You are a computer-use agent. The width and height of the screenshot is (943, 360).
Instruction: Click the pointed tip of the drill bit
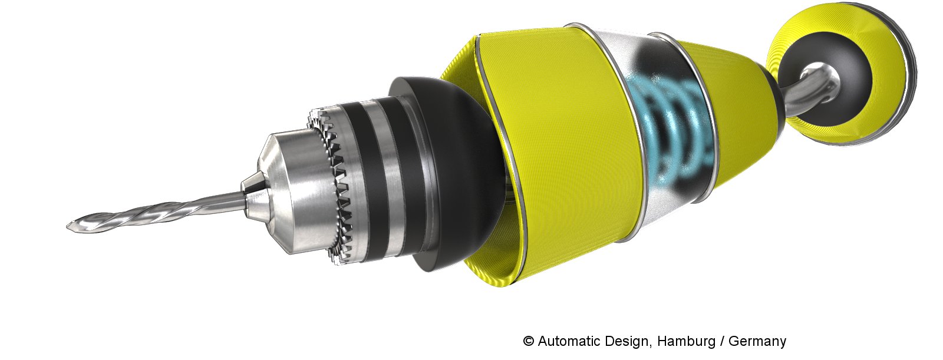click(67, 227)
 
